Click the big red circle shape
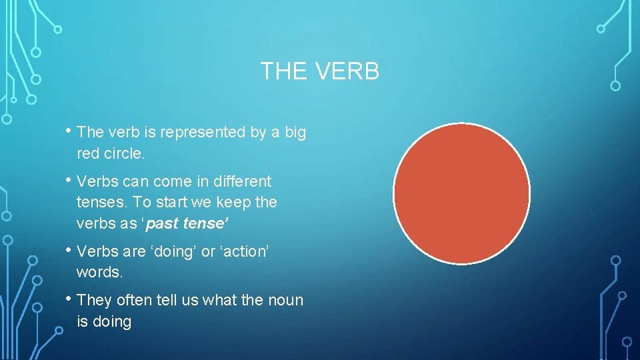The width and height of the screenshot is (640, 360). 461,193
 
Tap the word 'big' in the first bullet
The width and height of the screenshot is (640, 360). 295,133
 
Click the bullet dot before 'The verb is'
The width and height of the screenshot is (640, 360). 69,131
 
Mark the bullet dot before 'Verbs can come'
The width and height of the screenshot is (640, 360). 69,180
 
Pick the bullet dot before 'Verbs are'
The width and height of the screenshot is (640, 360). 69,250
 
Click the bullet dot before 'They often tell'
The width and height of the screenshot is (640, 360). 69,299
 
